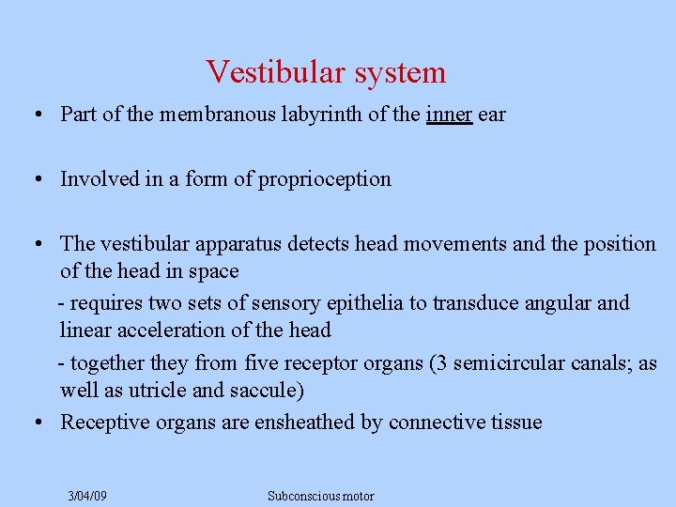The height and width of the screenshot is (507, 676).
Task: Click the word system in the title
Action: [400, 72]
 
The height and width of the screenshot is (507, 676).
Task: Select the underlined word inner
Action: [449, 115]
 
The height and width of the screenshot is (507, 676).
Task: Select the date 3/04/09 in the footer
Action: [87, 496]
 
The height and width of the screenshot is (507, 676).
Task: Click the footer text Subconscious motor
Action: [320, 496]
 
